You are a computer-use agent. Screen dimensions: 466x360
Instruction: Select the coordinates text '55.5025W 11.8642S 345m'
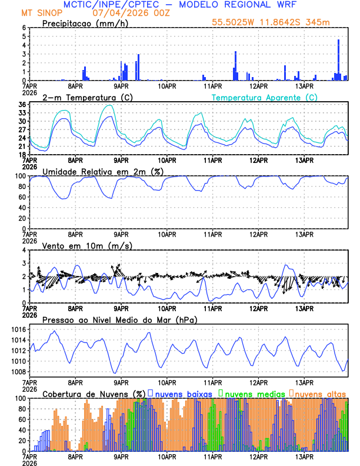tap(279, 22)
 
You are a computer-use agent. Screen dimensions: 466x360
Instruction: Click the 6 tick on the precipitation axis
tap(24, 28)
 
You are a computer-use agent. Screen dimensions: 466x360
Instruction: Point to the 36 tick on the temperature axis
tap(22, 105)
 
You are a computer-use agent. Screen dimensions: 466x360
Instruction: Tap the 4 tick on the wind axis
tap(24, 250)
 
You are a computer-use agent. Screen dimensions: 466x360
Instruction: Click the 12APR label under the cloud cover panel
tap(258, 455)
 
